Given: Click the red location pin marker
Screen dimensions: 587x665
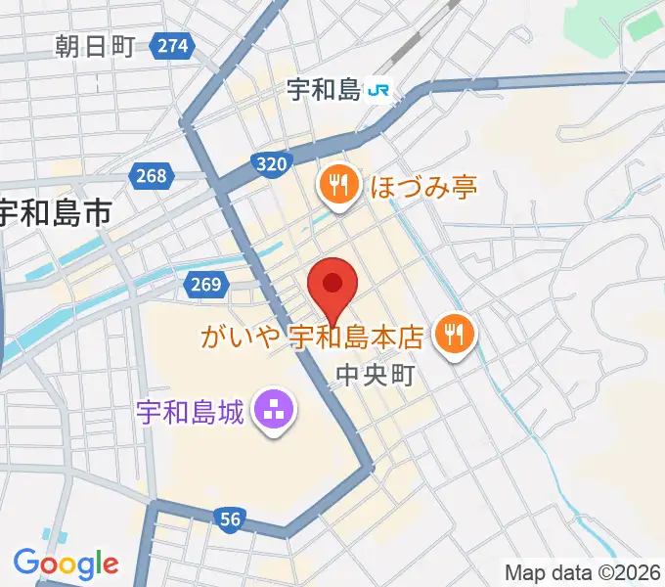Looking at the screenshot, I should [x=332, y=287].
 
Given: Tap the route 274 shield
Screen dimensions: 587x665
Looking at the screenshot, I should [x=172, y=45].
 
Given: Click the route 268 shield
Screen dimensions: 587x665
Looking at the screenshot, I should [x=152, y=176].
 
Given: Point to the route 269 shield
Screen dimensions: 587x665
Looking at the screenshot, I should [x=202, y=285].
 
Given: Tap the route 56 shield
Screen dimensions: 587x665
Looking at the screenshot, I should [x=230, y=520].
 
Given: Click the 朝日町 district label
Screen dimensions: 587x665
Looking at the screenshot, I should [x=95, y=45].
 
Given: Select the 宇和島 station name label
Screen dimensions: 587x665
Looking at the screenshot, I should [x=325, y=91].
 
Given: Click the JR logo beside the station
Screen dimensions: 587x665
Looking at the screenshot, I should [x=380, y=92].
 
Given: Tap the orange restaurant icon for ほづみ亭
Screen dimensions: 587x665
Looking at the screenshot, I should [x=338, y=184].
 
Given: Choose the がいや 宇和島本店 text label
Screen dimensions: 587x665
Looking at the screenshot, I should [x=311, y=339].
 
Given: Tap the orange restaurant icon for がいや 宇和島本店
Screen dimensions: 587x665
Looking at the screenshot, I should [x=454, y=335].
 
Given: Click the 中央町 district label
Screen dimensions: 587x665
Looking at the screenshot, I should [x=376, y=375].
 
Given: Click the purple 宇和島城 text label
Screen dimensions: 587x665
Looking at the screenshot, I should [x=190, y=408].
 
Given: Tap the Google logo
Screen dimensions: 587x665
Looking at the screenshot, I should [x=66, y=564].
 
